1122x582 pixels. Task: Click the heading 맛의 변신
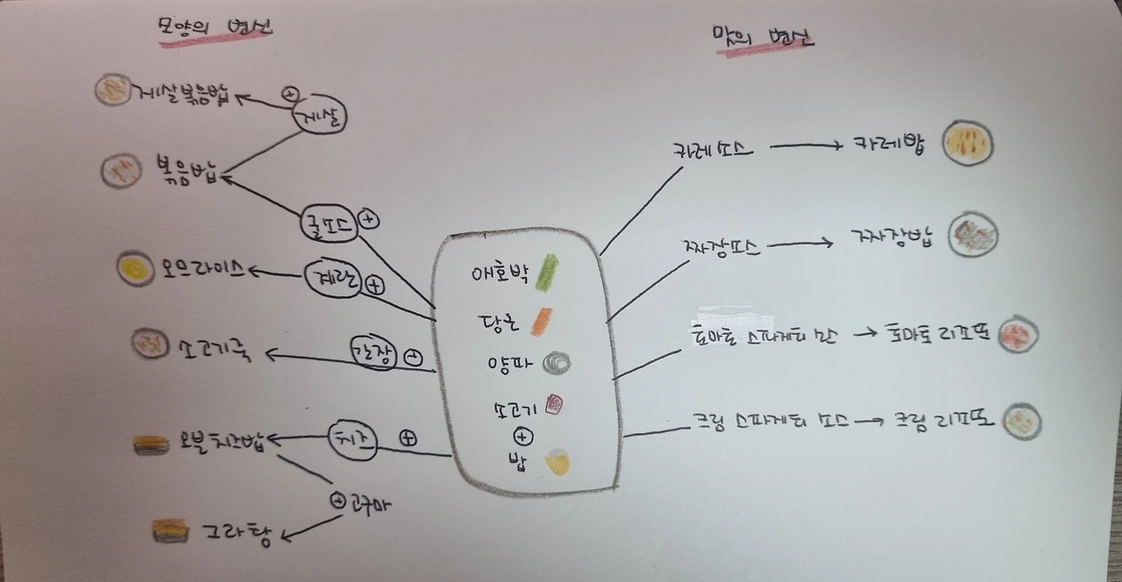coord(763,39)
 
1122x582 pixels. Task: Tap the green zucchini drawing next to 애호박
coord(547,272)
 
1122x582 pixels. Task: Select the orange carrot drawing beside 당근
coord(540,321)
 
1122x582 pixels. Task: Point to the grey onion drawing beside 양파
coord(557,362)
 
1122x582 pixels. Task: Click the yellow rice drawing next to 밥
coord(557,462)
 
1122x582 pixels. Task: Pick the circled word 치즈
coord(352,439)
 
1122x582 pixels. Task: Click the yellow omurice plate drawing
coord(136,268)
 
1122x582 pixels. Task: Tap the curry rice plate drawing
coord(968,143)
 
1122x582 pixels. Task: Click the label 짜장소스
coord(718,247)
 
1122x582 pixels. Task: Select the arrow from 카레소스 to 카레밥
coord(806,146)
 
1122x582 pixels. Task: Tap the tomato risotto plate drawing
coord(1019,334)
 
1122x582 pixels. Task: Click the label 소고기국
coord(214,351)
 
